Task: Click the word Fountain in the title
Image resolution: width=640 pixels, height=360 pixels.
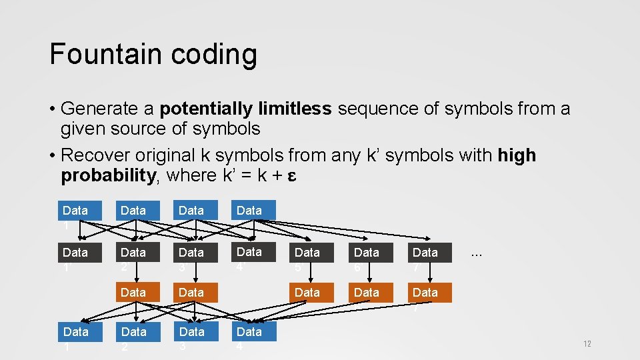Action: tap(97, 54)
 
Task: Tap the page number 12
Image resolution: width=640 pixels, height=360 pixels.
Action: tap(587, 344)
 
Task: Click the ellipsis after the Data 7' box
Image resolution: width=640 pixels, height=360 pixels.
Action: tap(477, 253)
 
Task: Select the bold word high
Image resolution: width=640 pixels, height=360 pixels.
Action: tap(517, 156)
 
